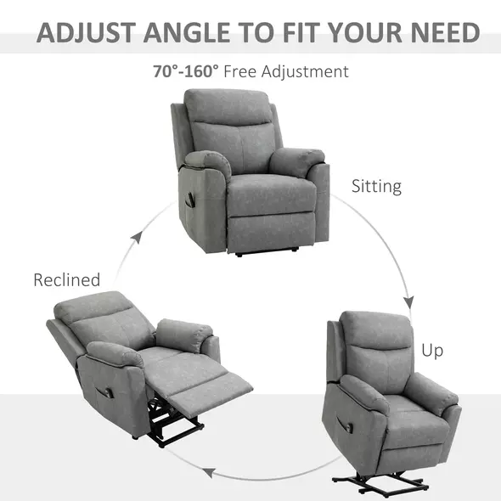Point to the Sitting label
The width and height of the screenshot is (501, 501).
pyautogui.click(x=376, y=186)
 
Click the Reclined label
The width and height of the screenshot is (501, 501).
pyautogui.click(x=67, y=279)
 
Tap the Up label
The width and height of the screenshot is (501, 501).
pyautogui.click(x=432, y=349)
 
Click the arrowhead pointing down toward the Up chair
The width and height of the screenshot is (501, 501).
pyautogui.click(x=408, y=302)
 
